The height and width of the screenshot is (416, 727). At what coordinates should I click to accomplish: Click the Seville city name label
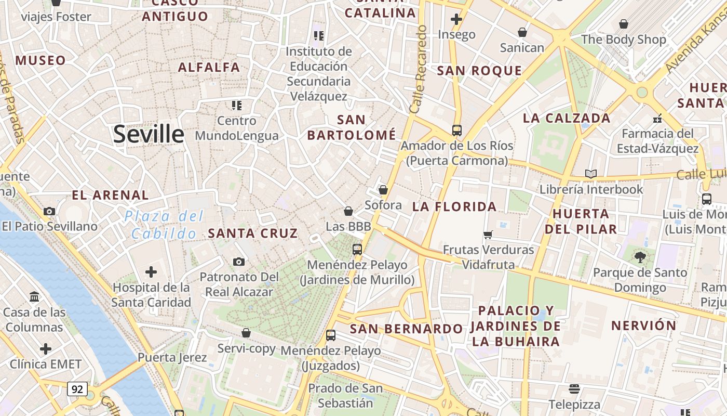tap(149, 134)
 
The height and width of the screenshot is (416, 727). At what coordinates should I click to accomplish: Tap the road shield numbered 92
tap(77, 388)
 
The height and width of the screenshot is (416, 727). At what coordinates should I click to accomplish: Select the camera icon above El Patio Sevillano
tap(49, 211)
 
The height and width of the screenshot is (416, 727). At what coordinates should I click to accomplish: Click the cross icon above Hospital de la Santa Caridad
tap(151, 272)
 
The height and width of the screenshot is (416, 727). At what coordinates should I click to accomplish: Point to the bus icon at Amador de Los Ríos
tap(457, 131)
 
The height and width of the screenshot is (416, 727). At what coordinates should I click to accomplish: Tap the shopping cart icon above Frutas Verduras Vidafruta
tap(488, 235)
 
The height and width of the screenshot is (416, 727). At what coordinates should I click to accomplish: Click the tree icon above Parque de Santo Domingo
tap(640, 256)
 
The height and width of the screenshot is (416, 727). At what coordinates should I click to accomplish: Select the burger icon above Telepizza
tap(574, 388)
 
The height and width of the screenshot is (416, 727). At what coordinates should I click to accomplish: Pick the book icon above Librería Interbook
tap(591, 174)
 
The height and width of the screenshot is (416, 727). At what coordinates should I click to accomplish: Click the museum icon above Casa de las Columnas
tap(34, 296)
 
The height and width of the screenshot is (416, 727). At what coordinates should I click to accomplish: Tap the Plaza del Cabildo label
tap(164, 225)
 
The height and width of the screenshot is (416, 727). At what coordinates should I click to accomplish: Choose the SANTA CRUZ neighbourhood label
tap(253, 233)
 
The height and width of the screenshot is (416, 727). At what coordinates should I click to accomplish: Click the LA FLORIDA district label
tap(454, 206)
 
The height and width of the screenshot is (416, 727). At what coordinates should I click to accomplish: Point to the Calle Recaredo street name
tap(419, 69)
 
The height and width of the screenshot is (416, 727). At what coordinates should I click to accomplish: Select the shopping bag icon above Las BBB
tap(348, 211)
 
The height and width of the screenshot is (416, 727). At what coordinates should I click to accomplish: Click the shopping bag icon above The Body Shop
tap(623, 24)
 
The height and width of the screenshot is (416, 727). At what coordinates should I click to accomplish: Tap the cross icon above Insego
tap(456, 20)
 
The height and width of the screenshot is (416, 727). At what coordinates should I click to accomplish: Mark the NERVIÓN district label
tap(644, 326)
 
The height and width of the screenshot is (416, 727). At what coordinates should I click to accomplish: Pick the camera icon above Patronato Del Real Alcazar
tap(239, 262)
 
